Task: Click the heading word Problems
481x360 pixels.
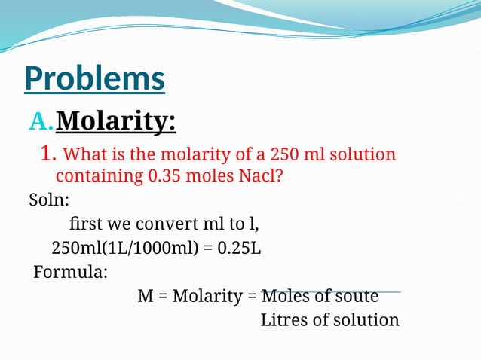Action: pos(94,79)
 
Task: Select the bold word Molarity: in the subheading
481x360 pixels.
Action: pos(116,120)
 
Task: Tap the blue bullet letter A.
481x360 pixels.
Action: pos(41,121)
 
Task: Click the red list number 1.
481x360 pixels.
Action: pos(47,155)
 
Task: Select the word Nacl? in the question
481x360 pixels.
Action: pos(263,177)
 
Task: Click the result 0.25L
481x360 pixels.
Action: pos(239,248)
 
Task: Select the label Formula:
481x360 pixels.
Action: pos(70,271)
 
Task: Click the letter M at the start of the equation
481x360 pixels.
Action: pos(146,295)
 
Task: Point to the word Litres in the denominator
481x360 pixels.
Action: pos(283,319)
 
